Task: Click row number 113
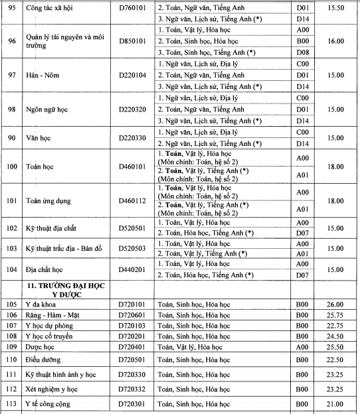click(x=11, y=404)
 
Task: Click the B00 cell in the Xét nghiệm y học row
click(x=302, y=389)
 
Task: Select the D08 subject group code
click(x=302, y=51)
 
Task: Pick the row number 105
click(x=11, y=305)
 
